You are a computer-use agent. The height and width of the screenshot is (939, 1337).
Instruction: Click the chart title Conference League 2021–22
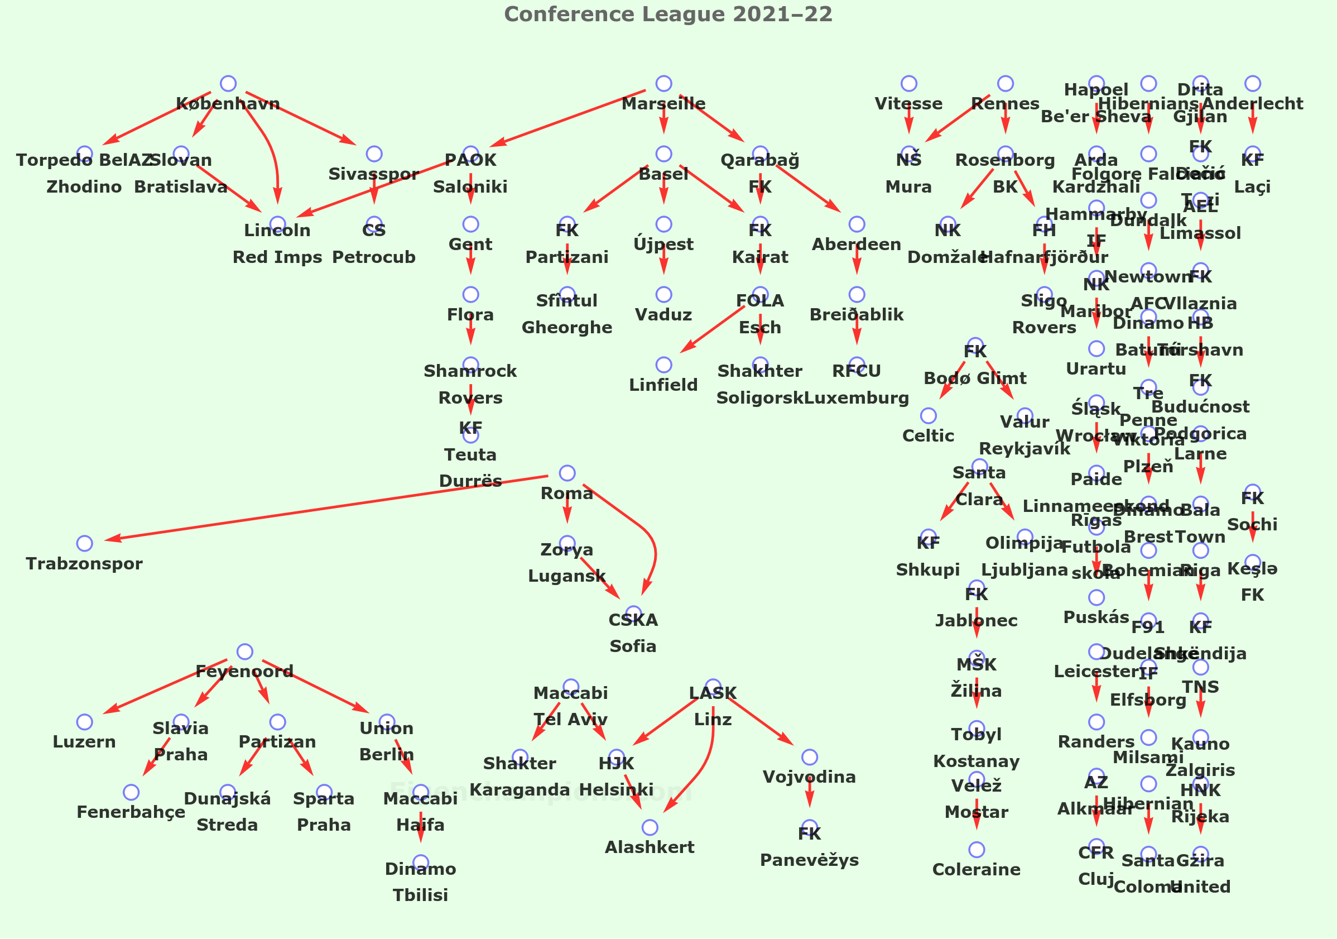(668, 14)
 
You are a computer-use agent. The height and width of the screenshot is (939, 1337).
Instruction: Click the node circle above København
(228, 83)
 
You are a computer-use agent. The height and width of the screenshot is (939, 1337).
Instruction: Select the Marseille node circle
(664, 83)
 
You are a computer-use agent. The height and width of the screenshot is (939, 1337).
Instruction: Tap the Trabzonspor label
(84, 563)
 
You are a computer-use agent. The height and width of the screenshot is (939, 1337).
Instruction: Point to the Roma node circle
(567, 473)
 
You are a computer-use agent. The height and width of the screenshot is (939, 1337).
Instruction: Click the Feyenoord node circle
(245, 651)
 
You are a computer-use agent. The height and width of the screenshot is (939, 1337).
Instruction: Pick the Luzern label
(84, 741)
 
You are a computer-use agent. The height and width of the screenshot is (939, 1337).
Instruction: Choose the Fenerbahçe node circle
(132, 792)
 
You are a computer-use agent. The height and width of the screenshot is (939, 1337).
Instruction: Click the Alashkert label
(650, 847)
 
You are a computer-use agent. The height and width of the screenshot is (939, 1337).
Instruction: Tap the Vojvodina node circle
(810, 757)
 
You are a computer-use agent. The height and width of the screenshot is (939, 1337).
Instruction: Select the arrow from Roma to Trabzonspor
(326, 509)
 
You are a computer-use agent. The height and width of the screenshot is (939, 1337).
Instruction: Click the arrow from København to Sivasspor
(300, 118)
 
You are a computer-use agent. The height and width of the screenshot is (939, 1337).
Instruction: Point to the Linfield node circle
(664, 365)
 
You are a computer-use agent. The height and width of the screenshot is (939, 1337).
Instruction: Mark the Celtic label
(928, 435)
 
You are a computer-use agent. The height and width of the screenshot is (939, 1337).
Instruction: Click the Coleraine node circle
(977, 850)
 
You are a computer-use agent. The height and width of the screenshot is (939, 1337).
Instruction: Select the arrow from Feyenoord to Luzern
(166, 686)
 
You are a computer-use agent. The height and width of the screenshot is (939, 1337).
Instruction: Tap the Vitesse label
(909, 104)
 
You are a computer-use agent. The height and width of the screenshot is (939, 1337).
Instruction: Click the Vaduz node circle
(664, 295)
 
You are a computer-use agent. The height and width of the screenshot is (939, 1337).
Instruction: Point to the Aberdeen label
(857, 244)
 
